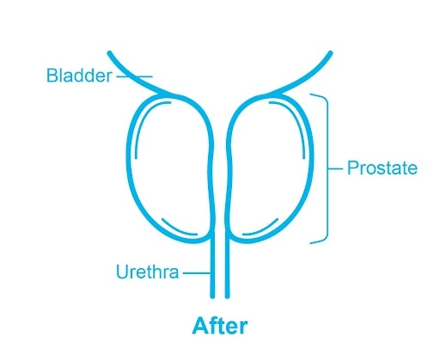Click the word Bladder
pyautogui.click(x=79, y=76)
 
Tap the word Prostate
pyautogui.click(x=382, y=168)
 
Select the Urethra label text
pyautogui.click(x=148, y=272)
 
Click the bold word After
pyautogui.click(x=220, y=326)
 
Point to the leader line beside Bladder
pyautogui.click(x=134, y=76)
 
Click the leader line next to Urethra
pyautogui.click(x=197, y=273)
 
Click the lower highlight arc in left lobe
pyautogui.click(x=178, y=229)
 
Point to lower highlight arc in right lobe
pyautogui.click(x=262, y=229)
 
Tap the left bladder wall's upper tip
pyautogui.click(x=109, y=53)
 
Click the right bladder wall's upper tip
pyautogui.click(x=331, y=53)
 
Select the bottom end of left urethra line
pyautogui.click(x=212, y=296)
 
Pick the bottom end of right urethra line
pyautogui.click(x=227, y=296)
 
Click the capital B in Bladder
pyautogui.click(x=52, y=76)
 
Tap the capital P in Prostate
pyautogui.click(x=352, y=168)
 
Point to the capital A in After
pyautogui.click(x=199, y=326)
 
